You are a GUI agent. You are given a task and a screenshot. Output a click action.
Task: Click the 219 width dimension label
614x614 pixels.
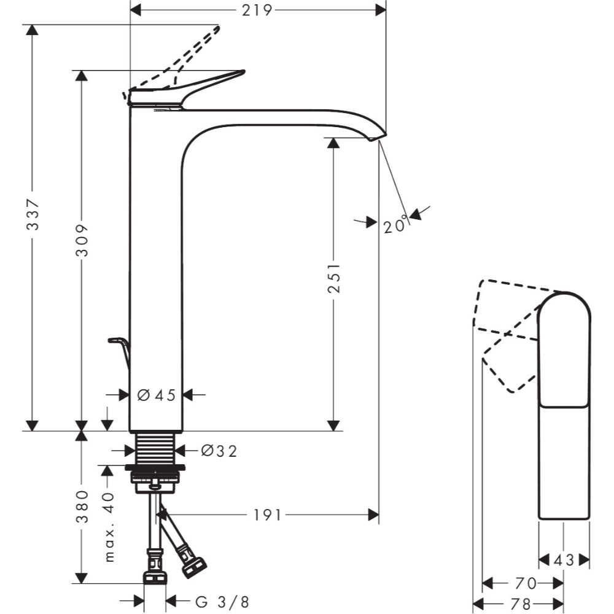257,10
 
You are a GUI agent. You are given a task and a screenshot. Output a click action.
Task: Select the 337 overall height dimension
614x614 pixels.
33,214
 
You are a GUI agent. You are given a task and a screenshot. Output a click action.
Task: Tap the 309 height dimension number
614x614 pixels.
82,241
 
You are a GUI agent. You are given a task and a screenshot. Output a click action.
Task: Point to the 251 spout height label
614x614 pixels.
334,278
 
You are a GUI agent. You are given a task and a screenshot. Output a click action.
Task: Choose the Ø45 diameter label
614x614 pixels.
156,395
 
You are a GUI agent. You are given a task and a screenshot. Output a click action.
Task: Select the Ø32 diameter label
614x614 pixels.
219,451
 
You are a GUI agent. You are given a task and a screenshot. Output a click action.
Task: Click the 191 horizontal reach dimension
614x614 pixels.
268,515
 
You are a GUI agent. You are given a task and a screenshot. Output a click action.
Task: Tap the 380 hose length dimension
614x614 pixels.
82,507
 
